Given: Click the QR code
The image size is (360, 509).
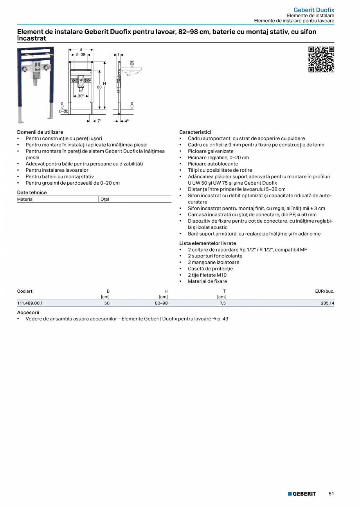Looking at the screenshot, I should point(321,59).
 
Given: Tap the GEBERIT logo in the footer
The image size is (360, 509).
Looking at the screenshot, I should point(302,494).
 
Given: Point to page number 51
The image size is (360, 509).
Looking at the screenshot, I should point(331,494).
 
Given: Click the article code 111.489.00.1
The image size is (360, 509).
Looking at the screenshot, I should point(30,303).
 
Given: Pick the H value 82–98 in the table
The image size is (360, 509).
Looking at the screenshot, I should point(161,303).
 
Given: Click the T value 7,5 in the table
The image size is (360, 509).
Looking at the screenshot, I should point(223,303).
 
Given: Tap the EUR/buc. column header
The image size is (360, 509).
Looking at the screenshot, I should point(325,291).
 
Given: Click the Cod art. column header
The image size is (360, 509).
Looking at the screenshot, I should point(25,291).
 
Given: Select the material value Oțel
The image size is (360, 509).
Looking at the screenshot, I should point(105,200).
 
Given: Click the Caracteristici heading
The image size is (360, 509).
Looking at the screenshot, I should point(195,132).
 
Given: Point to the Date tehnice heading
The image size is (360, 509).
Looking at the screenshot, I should point(32,192).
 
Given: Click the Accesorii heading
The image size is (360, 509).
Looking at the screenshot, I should point(28,313).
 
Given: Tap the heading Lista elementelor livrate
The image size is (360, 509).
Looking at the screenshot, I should point(208,243).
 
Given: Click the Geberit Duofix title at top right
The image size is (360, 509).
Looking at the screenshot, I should point(314,10).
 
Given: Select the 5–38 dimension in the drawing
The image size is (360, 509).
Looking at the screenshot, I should point(81,55).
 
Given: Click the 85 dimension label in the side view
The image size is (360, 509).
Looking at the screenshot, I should point(132,62).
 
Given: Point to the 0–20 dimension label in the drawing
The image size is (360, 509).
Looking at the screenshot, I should point(63,112).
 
